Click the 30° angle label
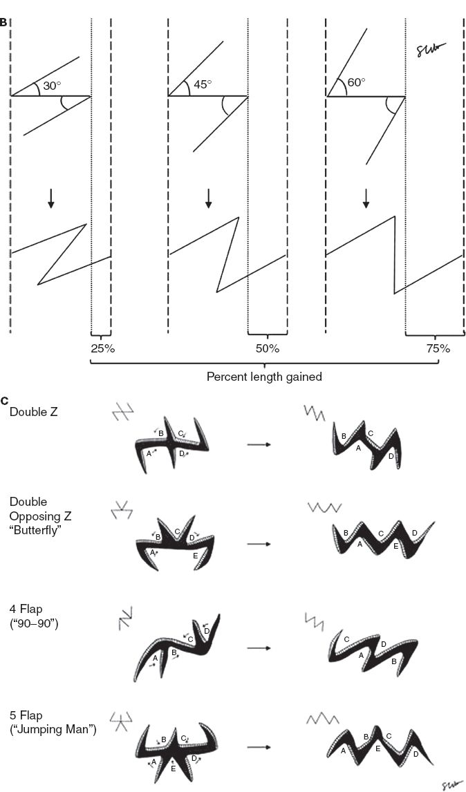point(52,86)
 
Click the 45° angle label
point(203,84)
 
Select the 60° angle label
point(356,82)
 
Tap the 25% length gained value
point(102,348)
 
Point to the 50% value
point(268,348)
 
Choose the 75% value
point(438,348)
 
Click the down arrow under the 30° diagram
point(50,198)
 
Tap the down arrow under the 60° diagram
point(366,198)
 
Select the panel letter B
point(3,23)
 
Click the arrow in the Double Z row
point(258,444)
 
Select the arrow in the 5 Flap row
point(258,748)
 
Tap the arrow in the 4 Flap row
point(258,648)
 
